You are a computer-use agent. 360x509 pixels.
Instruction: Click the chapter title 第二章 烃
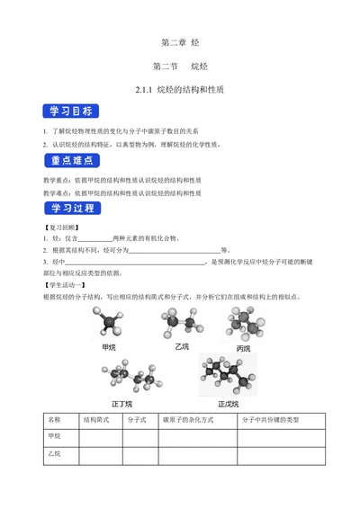[180, 43]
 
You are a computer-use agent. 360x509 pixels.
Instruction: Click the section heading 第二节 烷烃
[180, 67]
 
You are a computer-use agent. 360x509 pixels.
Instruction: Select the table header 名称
[55, 419]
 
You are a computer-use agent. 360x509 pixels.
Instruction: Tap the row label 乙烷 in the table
[55, 455]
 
